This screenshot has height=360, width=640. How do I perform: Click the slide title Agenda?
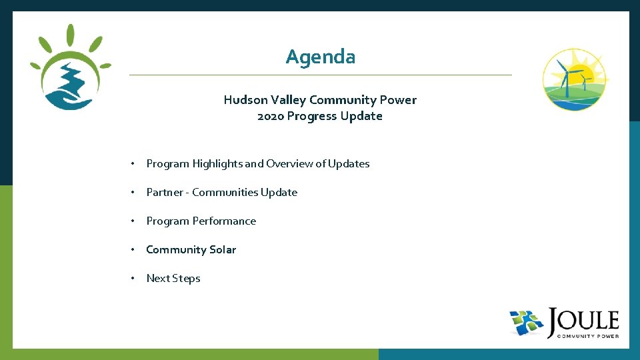320,57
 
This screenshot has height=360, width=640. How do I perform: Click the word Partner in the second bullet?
164,192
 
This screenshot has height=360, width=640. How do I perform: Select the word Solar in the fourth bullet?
222,249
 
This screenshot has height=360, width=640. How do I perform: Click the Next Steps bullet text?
173,278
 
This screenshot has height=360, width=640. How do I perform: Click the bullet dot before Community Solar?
134,249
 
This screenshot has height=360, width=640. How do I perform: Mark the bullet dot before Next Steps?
134,278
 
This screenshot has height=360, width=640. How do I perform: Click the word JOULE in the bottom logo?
583,321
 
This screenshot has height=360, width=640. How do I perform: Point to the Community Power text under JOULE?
583,336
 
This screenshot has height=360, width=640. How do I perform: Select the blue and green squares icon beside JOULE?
527,323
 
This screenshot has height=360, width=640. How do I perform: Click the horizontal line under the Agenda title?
320,75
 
